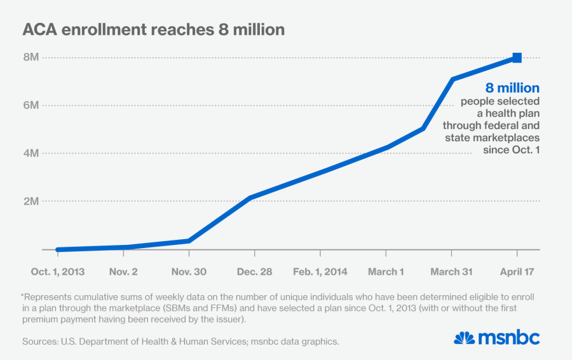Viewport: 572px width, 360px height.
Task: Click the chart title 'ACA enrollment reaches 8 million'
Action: [153, 30]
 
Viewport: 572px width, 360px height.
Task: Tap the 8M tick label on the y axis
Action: [31, 57]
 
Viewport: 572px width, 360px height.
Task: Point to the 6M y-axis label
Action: [31, 105]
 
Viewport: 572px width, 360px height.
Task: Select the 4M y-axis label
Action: [31, 153]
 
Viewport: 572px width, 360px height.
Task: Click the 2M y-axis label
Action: [31, 201]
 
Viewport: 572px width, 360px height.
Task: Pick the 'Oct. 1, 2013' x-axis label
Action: [58, 272]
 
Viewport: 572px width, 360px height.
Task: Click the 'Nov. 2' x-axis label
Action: [123, 272]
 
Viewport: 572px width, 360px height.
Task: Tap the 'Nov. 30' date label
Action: [189, 272]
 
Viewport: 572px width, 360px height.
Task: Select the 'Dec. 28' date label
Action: [254, 272]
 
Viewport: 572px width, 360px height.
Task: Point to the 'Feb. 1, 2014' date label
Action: [320, 272]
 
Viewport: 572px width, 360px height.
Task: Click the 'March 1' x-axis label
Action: [386, 272]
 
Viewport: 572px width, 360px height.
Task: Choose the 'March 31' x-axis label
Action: [452, 272]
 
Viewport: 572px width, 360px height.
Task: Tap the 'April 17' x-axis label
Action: [517, 272]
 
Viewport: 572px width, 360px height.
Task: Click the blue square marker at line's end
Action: [517, 58]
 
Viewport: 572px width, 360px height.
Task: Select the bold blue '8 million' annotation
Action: [512, 88]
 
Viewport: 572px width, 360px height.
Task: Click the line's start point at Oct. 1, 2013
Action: [58, 250]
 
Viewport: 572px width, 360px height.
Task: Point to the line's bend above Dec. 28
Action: [251, 198]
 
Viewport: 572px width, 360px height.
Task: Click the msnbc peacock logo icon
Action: [465, 338]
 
